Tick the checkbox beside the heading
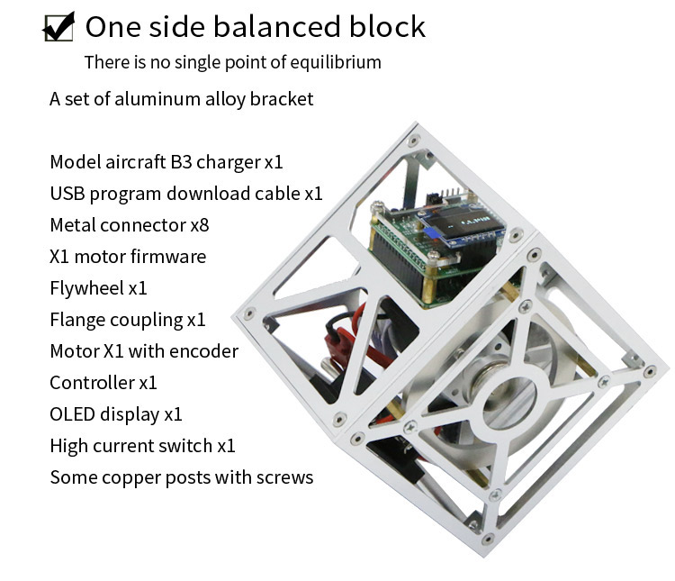pyautogui.click(x=58, y=27)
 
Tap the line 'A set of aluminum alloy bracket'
pyautogui.click(x=181, y=98)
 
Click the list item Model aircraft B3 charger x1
pyautogui.click(x=166, y=162)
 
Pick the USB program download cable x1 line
pyautogui.click(x=185, y=194)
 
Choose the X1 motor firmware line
pyautogui.click(x=128, y=257)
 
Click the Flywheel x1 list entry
pyautogui.click(x=98, y=288)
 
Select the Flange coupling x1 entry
pyautogui.click(x=128, y=320)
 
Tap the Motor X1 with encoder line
pyautogui.click(x=144, y=351)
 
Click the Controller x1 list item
pyautogui.click(x=103, y=383)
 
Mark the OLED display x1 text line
pyautogui.click(x=116, y=414)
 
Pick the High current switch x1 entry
pyautogui.click(x=142, y=446)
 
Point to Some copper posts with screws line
pyautogui.click(x=181, y=477)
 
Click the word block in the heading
pyautogui.click(x=387, y=26)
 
